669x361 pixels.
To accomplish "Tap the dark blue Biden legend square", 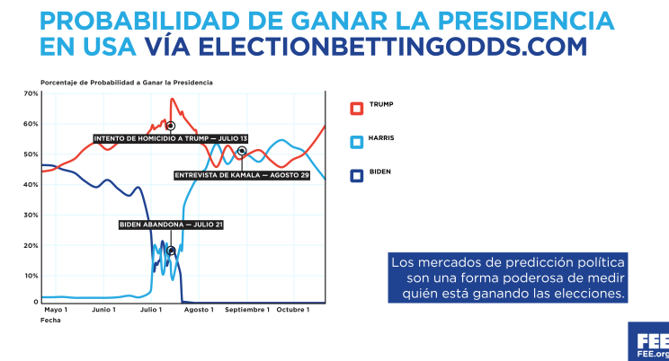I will pos(356,174).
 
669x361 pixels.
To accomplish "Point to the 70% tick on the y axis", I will pos(31,93).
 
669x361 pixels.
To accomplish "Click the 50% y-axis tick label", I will pos(31,154).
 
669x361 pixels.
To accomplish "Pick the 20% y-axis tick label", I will pos(31,245).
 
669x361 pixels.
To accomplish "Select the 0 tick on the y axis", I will pos(35,303).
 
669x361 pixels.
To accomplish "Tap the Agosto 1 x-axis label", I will pos(200,311).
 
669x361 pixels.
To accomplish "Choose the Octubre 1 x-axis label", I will pos(292,311).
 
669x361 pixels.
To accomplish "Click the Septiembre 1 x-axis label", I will pos(247,311).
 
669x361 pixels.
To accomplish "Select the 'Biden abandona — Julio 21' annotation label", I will pos(170,225).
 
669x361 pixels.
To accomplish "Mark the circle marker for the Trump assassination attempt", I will pos(170,126).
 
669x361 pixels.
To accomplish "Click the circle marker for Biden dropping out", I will pos(170,251).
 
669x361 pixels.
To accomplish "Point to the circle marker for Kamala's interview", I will pos(241,151).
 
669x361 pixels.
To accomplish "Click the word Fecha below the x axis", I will pos(51,321).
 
